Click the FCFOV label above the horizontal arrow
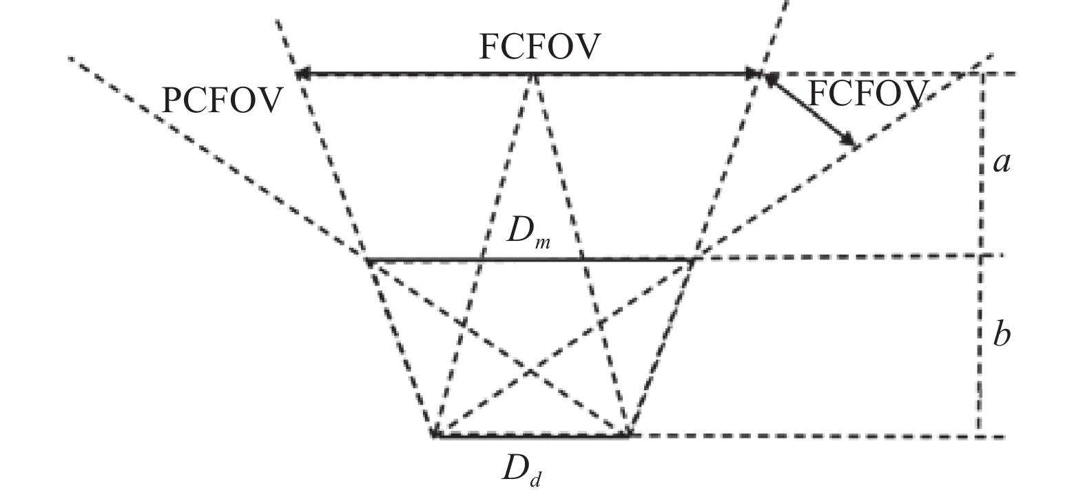539,47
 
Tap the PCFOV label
222,100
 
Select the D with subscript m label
528,235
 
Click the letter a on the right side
1001,163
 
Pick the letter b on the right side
1001,335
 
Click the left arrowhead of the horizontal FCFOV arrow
300,73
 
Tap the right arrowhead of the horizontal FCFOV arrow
756,73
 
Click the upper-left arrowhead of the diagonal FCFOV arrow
767,77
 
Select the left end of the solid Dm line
366,260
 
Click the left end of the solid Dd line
433,435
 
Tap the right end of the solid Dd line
628,435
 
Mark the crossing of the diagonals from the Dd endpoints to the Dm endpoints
530,372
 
